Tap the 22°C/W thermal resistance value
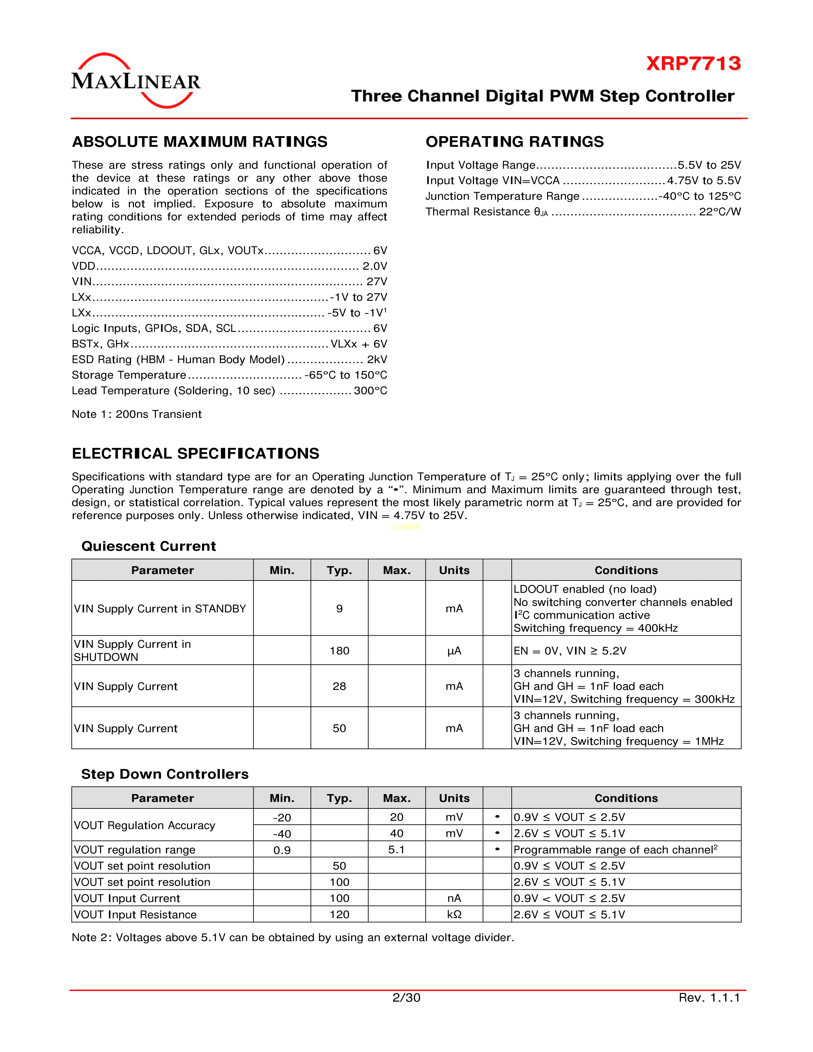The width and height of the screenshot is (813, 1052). click(x=720, y=212)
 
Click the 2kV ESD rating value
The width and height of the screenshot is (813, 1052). click(x=377, y=360)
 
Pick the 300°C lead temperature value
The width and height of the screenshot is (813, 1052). click(x=370, y=391)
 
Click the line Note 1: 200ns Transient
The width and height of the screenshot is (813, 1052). click(x=137, y=414)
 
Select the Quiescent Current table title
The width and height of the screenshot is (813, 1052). click(x=148, y=546)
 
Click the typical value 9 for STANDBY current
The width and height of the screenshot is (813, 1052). click(x=339, y=609)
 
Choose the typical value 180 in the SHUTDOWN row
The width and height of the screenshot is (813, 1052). click(x=339, y=651)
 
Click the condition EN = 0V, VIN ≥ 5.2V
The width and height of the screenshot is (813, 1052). click(x=570, y=651)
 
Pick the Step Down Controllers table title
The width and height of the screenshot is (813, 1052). click(x=165, y=774)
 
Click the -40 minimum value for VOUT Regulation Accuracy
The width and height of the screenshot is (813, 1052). click(x=282, y=834)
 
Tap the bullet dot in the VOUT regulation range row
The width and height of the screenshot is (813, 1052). click(x=497, y=849)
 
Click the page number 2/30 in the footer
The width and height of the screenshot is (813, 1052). click(x=406, y=997)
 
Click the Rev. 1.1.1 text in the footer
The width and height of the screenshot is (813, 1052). click(x=709, y=997)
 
